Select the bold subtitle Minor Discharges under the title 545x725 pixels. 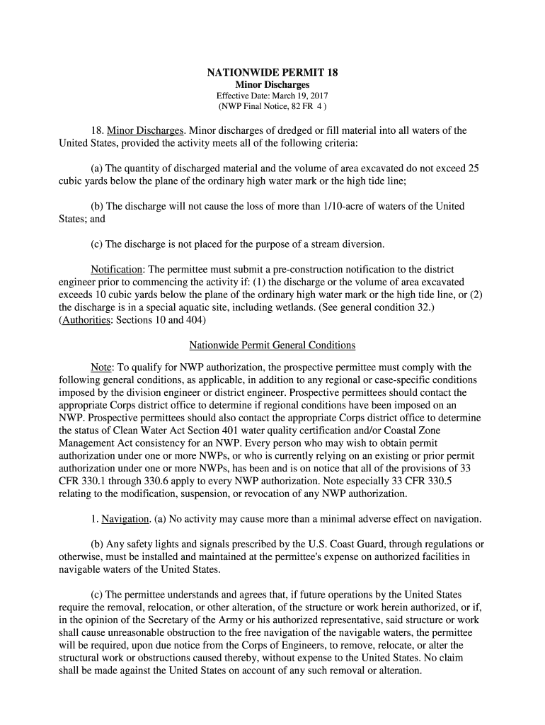[x=272, y=85]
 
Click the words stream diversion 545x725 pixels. [x=350, y=244]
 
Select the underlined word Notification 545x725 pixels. [x=117, y=270]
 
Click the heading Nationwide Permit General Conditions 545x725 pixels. [x=272, y=346]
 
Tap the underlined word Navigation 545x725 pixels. [x=125, y=520]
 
